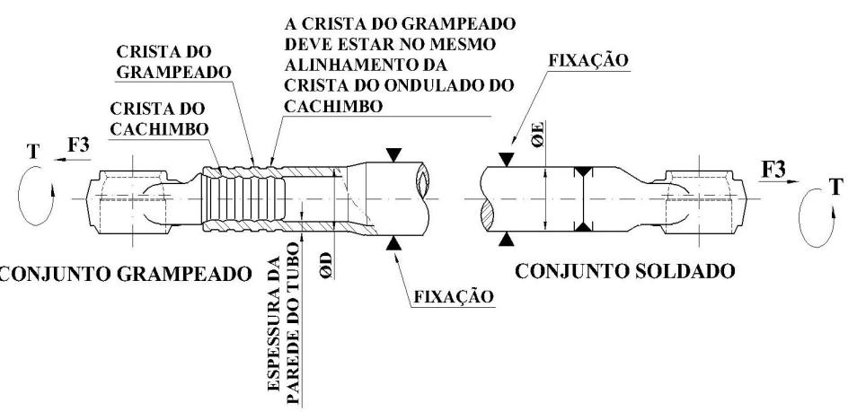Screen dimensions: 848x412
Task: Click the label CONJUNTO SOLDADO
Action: point(624,270)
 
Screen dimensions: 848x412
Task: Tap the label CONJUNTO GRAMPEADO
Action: point(126,274)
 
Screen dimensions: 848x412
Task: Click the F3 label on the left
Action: point(78,145)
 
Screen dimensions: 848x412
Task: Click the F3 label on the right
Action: point(773,170)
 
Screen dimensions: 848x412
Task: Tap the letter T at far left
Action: point(33,152)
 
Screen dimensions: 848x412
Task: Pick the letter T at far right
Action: point(836,187)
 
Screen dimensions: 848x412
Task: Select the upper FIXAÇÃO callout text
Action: point(589,60)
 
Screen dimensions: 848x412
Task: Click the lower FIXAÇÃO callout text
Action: point(454,296)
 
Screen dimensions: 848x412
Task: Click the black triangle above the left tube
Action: point(393,155)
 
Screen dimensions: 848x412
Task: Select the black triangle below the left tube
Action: point(393,244)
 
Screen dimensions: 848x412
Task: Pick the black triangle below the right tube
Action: point(507,239)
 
